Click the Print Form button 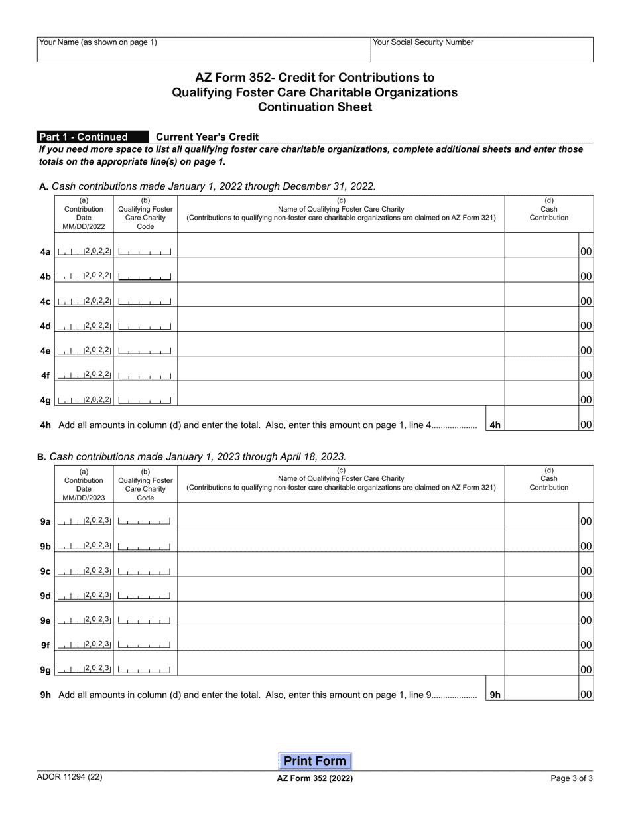(x=314, y=761)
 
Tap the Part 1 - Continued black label (x=93, y=137)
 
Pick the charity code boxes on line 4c (x=145, y=301)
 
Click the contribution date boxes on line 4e (x=84, y=350)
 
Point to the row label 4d (x=45, y=326)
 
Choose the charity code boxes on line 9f (x=145, y=645)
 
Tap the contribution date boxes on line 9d (x=84, y=595)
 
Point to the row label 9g (x=45, y=670)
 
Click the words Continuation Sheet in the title (x=314, y=107)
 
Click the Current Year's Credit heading (x=207, y=137)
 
